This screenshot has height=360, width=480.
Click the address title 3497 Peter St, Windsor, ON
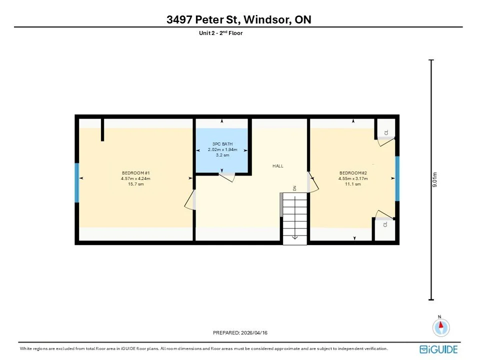click(x=239, y=19)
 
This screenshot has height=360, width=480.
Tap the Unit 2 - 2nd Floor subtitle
click(x=220, y=33)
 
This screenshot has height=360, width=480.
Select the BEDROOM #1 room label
click(x=135, y=173)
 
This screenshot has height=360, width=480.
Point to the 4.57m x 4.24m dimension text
click(x=135, y=178)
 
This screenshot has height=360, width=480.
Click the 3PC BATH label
click(x=222, y=144)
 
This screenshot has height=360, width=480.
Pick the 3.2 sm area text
click(x=222, y=155)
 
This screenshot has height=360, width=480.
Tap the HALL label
click(x=278, y=166)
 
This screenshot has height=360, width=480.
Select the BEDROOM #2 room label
click(x=353, y=173)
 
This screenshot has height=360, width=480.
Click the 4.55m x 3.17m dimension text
click(x=353, y=178)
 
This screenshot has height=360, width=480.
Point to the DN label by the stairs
click(x=295, y=188)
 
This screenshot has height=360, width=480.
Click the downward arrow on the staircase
click(x=295, y=217)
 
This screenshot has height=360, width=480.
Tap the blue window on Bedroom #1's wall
click(x=77, y=183)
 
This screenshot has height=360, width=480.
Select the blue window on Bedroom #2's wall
click(x=397, y=179)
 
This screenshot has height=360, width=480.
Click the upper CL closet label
click(x=386, y=132)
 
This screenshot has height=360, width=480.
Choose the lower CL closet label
click(x=385, y=224)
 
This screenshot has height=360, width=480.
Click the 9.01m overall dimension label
click(x=434, y=179)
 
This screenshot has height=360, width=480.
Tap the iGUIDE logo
click(x=438, y=349)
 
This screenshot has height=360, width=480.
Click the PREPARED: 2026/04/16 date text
click(x=240, y=333)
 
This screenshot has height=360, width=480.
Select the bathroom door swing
click(x=227, y=177)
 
